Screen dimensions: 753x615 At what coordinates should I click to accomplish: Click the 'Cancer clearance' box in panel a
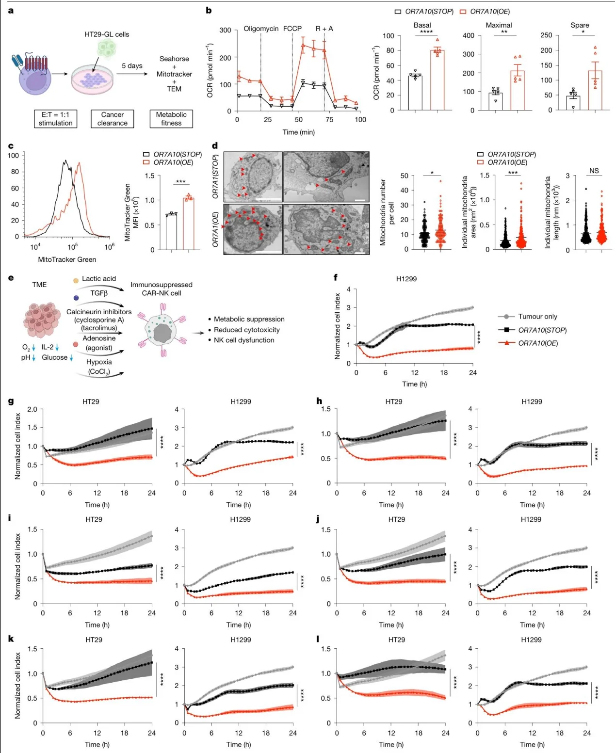tap(112, 119)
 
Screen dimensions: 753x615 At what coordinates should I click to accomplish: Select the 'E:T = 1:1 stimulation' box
tap(55, 119)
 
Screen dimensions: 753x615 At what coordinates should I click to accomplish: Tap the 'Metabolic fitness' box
tap(171, 119)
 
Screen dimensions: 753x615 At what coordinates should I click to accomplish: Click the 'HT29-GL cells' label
tap(107, 34)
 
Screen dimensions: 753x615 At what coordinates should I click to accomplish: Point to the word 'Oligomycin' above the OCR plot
tap(261, 29)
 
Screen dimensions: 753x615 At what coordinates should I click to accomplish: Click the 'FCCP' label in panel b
tap(292, 29)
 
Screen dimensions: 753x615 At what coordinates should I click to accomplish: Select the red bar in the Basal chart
tap(437, 80)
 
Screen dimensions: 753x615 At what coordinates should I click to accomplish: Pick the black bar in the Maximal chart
tap(495, 101)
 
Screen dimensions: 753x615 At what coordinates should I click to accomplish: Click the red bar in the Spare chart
tap(595, 91)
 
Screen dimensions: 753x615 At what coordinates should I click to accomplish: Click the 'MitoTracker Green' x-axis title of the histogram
tap(67, 259)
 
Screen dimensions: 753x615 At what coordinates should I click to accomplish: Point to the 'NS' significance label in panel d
tap(594, 171)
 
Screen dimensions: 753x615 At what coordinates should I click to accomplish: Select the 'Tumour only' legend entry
tap(537, 317)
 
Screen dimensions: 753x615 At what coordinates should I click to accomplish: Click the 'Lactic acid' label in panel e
tap(99, 279)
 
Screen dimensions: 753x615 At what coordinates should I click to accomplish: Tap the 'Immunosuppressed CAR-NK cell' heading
tap(161, 289)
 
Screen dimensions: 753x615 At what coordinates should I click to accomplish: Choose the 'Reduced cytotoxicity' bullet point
tap(246, 330)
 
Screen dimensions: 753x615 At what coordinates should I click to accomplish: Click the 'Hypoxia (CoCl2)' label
tap(99, 367)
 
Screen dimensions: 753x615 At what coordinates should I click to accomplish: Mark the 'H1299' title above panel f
tap(406, 279)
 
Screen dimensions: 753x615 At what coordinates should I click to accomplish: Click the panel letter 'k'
tap(11, 639)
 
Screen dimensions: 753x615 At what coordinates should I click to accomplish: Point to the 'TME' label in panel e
tap(39, 285)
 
